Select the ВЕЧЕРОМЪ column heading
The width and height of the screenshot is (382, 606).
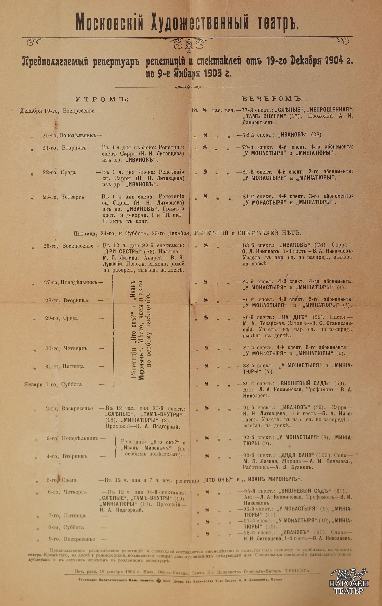[x=272, y=99]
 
